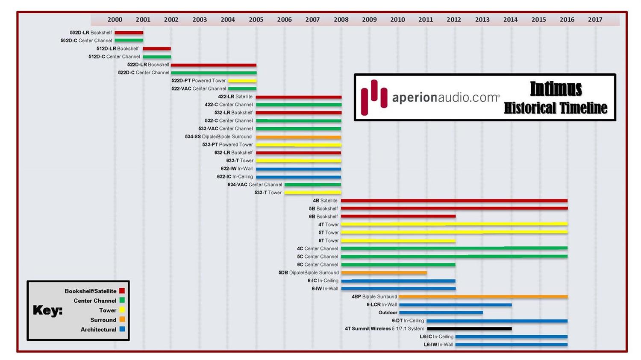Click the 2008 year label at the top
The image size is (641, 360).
coord(341,20)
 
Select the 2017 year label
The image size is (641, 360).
coord(595,20)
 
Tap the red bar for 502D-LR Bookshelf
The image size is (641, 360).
coord(129,33)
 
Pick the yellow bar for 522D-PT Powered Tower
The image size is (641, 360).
coord(242,81)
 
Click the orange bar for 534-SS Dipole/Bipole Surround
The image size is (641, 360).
coord(298,137)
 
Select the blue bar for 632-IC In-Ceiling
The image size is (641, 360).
coord(298,177)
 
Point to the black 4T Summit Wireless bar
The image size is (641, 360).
coord(469,329)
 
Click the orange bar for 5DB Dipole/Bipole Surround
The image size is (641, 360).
coord(384,273)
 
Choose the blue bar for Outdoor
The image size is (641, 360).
coord(441,313)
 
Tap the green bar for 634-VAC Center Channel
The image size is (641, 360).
coord(313,185)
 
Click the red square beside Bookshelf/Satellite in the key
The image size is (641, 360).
coord(122,291)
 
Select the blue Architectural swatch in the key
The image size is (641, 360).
coord(122,329)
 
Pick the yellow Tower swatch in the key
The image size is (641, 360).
coord(122,310)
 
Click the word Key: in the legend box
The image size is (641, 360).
coord(47,310)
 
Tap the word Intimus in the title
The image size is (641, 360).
coord(556,89)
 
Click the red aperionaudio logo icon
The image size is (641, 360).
coord(374,97)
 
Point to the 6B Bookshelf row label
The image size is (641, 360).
coord(323,217)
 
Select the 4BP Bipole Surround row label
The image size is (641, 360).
coord(374,297)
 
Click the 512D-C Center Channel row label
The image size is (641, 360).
coord(114,57)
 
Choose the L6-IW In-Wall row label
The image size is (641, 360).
coord(438,345)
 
